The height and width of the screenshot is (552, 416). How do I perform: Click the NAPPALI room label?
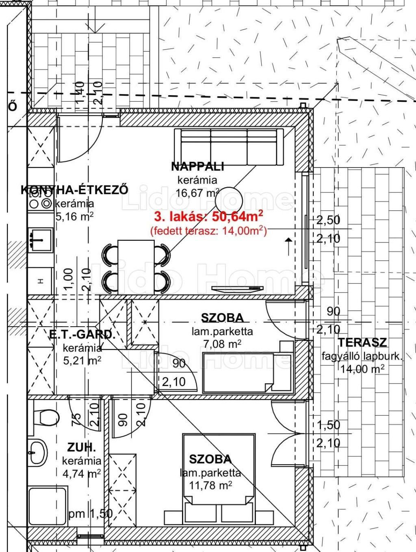pos(197,166)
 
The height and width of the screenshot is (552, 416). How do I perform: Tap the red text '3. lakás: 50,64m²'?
pos(209,216)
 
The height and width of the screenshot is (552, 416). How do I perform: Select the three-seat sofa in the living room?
pos(229,147)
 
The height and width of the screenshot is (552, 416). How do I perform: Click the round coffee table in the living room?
pos(229,201)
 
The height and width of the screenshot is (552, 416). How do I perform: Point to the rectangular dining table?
pos(136,267)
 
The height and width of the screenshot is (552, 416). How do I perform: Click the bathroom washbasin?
pos(38,453)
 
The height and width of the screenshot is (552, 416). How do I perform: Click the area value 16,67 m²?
pos(197,193)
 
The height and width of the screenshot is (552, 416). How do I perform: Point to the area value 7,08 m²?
pos(222,344)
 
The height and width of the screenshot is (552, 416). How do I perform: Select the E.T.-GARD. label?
pos(81,335)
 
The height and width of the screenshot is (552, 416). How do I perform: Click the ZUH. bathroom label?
pos(82,448)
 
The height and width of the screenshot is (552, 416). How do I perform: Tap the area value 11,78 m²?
pos(210,485)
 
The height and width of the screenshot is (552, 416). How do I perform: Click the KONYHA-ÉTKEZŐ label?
pos(75,190)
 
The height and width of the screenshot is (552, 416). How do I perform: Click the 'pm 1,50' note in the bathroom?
pos(91,513)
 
